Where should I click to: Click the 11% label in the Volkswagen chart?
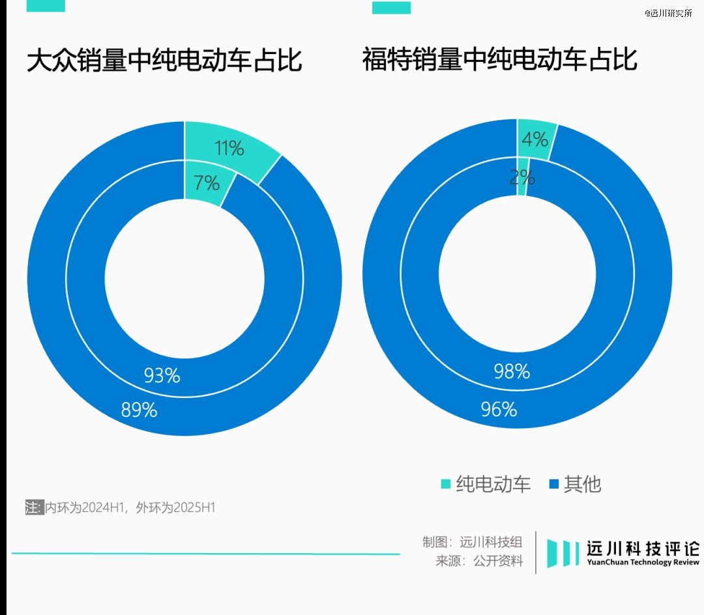[x=229, y=149]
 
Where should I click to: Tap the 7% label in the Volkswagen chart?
[x=207, y=183]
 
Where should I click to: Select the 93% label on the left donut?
[x=162, y=376]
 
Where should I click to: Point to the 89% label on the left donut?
[x=139, y=410]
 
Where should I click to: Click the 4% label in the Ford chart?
[x=535, y=139]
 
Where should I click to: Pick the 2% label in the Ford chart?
[x=522, y=177]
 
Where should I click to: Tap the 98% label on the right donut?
[x=512, y=371]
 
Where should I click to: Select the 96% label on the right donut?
[x=499, y=409]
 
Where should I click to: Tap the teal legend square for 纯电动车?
[x=446, y=484]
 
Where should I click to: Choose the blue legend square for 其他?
[x=554, y=484]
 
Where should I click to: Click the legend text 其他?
[x=582, y=484]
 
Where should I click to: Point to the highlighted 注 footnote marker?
[x=33, y=508]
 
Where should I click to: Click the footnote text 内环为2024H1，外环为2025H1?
[x=130, y=508]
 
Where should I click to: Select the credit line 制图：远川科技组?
[x=472, y=542]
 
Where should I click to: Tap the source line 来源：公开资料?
[x=479, y=561]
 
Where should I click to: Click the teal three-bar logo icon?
[x=563, y=553]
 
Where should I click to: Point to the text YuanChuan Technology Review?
[x=643, y=562]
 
